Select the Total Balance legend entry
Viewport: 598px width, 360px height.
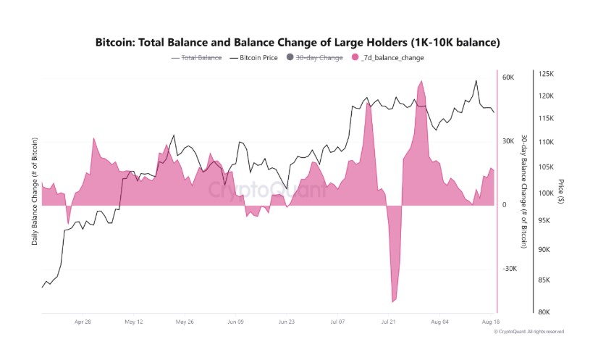pos(197,57)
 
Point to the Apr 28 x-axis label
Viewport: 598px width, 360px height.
pos(83,321)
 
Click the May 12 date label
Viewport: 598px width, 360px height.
pos(134,321)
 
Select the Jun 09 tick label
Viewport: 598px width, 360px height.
pos(235,321)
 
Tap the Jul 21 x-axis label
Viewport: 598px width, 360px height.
pos(389,321)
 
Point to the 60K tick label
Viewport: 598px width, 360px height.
pos(508,77)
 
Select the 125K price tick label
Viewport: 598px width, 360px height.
pos(546,74)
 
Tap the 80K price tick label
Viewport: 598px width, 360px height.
pos(544,312)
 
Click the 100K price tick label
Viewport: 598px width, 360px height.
pos(546,193)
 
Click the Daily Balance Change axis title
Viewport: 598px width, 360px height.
pos(35,191)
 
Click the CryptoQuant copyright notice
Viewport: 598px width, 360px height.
pos(528,331)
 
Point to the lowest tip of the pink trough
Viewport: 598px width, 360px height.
pos(393,302)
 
